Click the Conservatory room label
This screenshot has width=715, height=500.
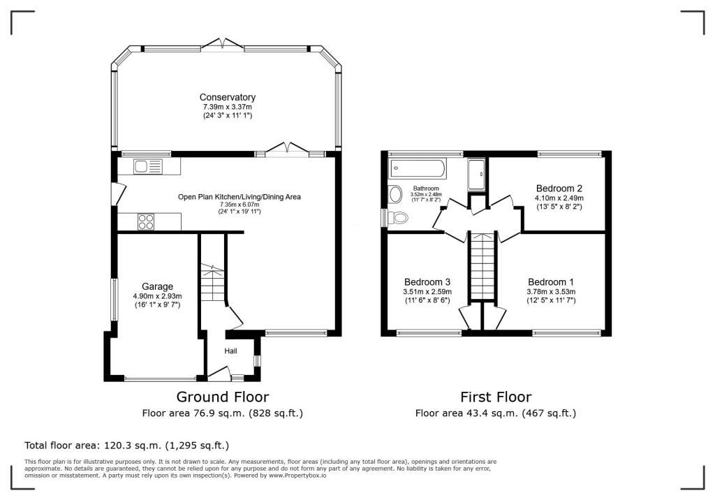(x=227, y=97)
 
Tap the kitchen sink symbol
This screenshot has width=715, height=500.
(x=148, y=166)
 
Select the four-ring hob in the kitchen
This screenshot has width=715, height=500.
(x=146, y=221)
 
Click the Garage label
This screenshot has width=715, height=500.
(x=157, y=286)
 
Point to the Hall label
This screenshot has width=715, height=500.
(x=230, y=351)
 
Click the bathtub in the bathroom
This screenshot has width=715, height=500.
(x=418, y=169)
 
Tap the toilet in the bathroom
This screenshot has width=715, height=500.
(x=397, y=218)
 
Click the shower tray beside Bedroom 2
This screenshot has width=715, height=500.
(x=476, y=175)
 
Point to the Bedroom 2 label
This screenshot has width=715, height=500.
(x=559, y=189)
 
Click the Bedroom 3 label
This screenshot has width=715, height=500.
(x=427, y=282)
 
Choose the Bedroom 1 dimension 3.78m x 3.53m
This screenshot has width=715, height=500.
(x=551, y=292)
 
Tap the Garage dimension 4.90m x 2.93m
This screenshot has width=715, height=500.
(x=157, y=296)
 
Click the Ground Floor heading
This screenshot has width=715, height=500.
(x=223, y=397)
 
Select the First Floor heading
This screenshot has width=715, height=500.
(x=496, y=397)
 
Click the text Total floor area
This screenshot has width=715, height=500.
(x=62, y=446)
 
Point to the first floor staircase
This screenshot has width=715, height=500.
(x=482, y=267)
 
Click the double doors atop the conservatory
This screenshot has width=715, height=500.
(x=223, y=44)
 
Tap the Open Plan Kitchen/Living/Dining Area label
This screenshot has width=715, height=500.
(x=239, y=197)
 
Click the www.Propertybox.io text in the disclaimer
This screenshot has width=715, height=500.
(x=297, y=476)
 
